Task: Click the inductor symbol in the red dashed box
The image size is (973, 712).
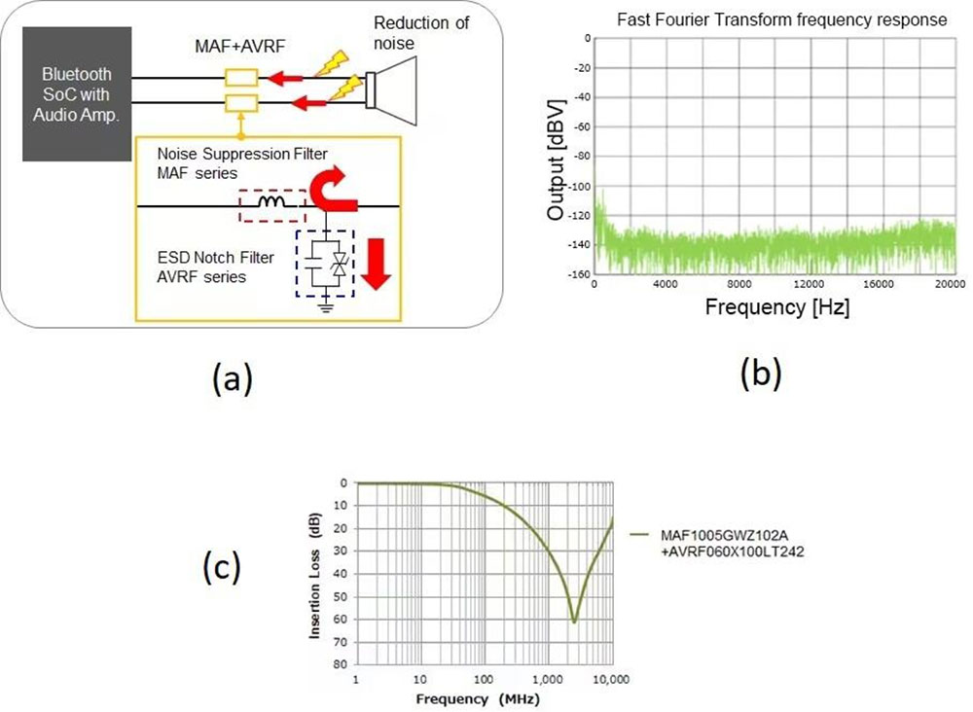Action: point(271,204)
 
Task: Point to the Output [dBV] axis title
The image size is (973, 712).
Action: point(558,157)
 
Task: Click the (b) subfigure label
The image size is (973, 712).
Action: point(760,372)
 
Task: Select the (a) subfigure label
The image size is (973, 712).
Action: point(232,378)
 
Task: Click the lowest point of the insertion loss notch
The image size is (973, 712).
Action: point(574,621)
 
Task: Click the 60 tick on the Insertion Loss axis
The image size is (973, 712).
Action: point(343,619)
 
